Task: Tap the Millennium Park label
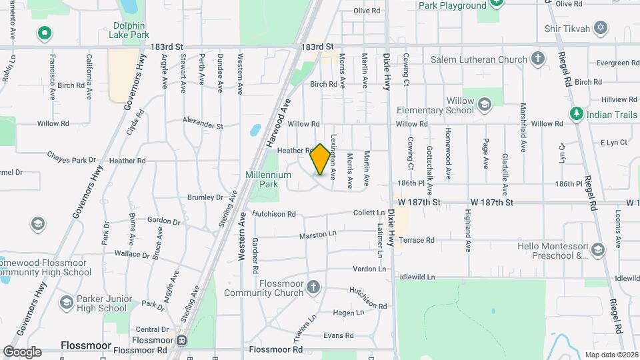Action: pos(275,179)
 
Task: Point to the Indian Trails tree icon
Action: pos(575,115)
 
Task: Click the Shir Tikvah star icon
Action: pos(601,27)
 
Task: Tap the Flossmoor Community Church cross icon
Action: pos(313,287)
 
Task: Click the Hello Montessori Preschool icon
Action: pos(598,250)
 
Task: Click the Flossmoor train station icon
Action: pos(181,341)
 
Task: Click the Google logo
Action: pos(22,351)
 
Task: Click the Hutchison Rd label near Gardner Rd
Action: pos(273,214)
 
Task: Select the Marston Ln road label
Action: pos(318,235)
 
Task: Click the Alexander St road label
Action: pos(203,125)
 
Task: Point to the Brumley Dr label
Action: pos(205,197)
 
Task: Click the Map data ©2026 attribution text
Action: pos(611,355)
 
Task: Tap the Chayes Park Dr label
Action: pos(72,158)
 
